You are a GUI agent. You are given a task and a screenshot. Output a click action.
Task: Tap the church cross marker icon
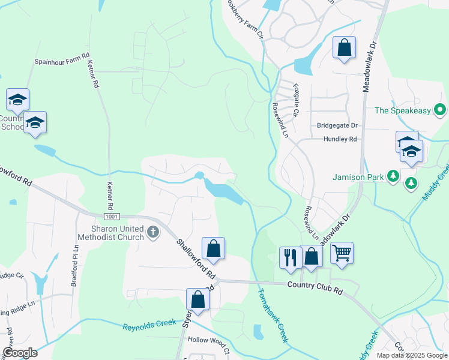click(153, 232)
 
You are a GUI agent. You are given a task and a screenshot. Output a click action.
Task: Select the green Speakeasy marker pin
click(440, 110)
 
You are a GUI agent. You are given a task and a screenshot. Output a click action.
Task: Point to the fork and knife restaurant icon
click(291, 257)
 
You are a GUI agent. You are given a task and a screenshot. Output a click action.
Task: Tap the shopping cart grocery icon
click(342, 253)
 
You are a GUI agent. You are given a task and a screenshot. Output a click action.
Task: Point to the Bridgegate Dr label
click(337, 125)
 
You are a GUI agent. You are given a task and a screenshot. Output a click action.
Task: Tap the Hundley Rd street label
click(340, 139)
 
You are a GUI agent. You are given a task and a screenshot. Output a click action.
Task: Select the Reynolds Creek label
click(149, 326)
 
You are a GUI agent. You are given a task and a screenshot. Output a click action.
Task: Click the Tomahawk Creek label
click(273, 316)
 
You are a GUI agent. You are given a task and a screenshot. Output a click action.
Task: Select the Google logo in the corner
click(20, 353)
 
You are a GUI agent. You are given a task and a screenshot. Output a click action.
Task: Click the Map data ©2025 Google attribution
click(411, 355)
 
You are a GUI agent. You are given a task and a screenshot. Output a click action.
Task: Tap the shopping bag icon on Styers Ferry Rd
click(198, 299)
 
